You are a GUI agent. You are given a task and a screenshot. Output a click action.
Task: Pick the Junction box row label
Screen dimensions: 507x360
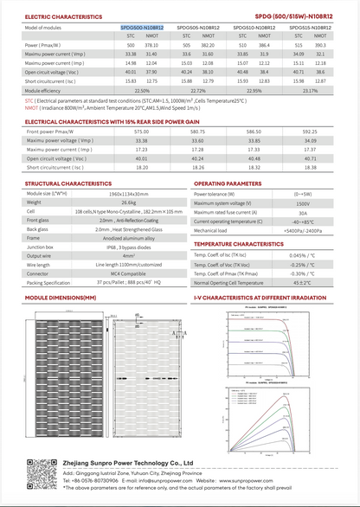tap(39, 247)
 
